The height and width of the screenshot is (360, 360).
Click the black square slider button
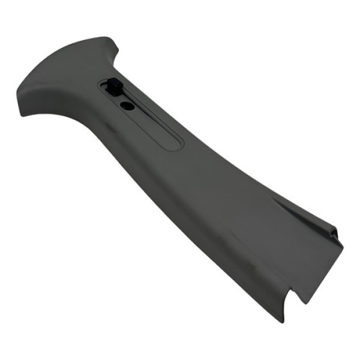(x=114, y=89)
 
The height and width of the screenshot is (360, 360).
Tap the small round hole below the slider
(x=127, y=106)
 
